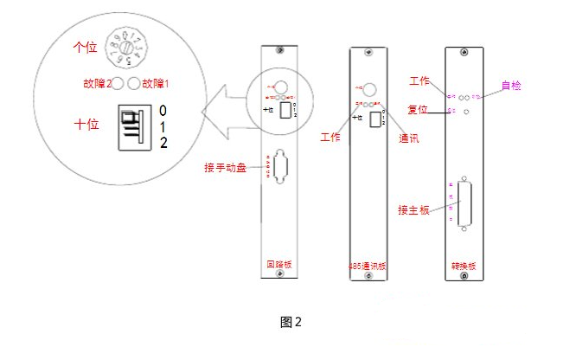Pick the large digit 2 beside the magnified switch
163,140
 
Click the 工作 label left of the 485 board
330,138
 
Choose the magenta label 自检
512,86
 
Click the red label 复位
419,110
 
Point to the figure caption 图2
291,322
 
